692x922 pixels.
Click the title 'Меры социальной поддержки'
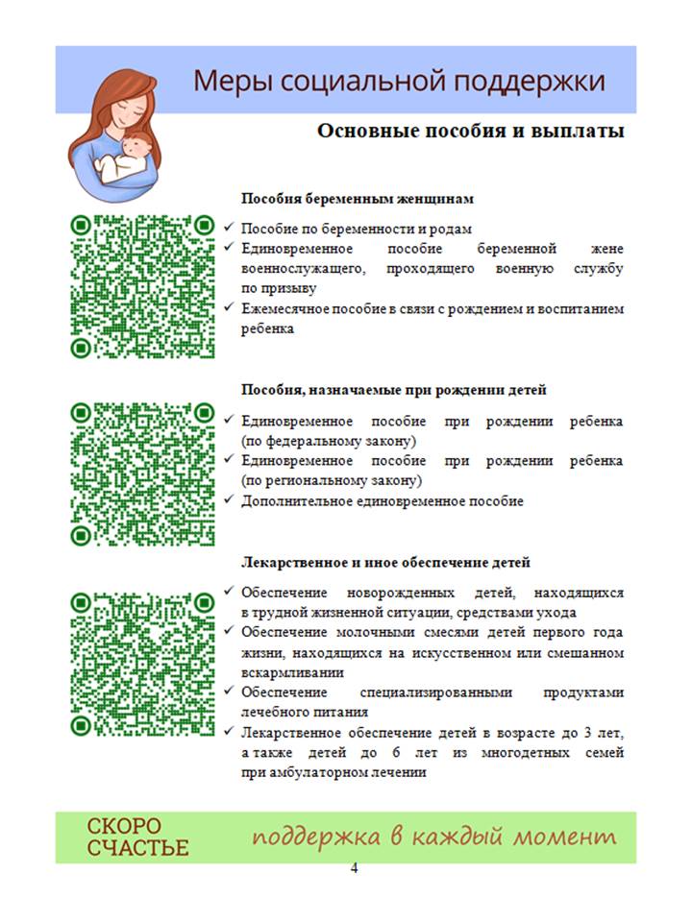pyautogui.click(x=399, y=81)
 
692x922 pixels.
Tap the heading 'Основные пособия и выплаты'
pyautogui.click(x=471, y=131)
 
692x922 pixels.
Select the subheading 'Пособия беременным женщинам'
pyautogui.click(x=358, y=199)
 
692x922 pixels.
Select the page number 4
pyautogui.click(x=354, y=869)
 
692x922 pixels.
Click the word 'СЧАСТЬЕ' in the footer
pyautogui.click(x=138, y=848)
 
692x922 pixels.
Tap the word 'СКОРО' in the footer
pyautogui.click(x=125, y=826)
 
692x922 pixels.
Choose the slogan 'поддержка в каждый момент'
pyautogui.click(x=433, y=837)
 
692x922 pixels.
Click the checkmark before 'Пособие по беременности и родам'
pyautogui.click(x=228, y=229)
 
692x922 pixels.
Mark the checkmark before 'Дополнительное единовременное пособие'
pyautogui.click(x=228, y=500)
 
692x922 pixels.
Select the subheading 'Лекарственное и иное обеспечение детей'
pyautogui.click(x=385, y=562)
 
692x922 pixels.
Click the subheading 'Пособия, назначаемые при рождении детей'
pyautogui.click(x=393, y=390)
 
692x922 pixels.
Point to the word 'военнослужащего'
pyautogui.click(x=303, y=269)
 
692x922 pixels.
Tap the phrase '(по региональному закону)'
pyautogui.click(x=331, y=480)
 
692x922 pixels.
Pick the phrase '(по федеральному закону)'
pyautogui.click(x=328, y=441)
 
